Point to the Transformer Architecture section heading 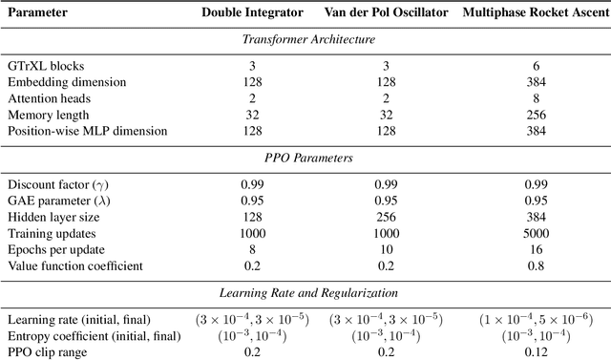(305, 39)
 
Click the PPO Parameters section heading (305, 156)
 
